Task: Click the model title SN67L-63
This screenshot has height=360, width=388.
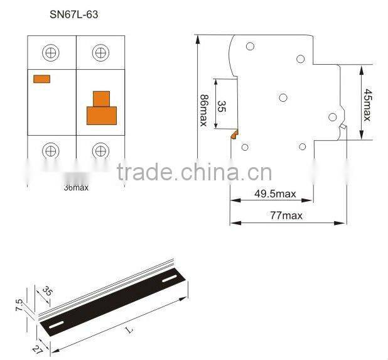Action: click(x=74, y=13)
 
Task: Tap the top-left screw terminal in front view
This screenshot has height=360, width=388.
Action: click(x=51, y=53)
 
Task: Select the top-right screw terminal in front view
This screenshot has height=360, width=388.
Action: click(x=100, y=53)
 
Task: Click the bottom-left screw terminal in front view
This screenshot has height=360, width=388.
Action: click(x=51, y=151)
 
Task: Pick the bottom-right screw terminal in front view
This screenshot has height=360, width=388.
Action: click(x=100, y=151)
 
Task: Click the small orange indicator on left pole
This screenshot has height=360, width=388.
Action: click(x=41, y=79)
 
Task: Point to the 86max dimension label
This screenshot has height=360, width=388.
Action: click(x=203, y=111)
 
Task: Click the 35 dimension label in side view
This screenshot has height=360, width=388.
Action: click(x=220, y=105)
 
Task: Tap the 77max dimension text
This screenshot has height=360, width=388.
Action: click(x=286, y=215)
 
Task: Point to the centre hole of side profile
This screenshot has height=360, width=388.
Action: click(x=283, y=97)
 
